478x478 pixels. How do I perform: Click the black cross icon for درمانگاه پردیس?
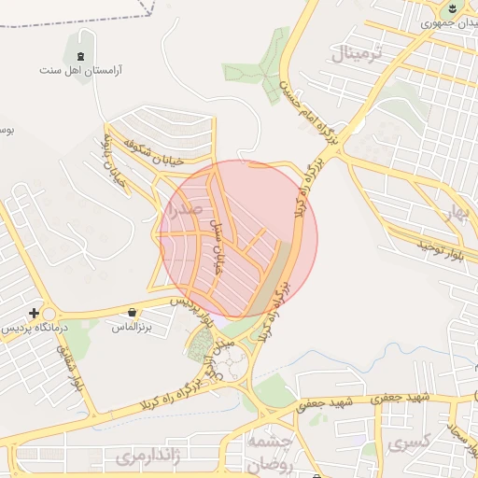coord(35,313)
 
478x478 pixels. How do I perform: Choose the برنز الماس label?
coord(132,328)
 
